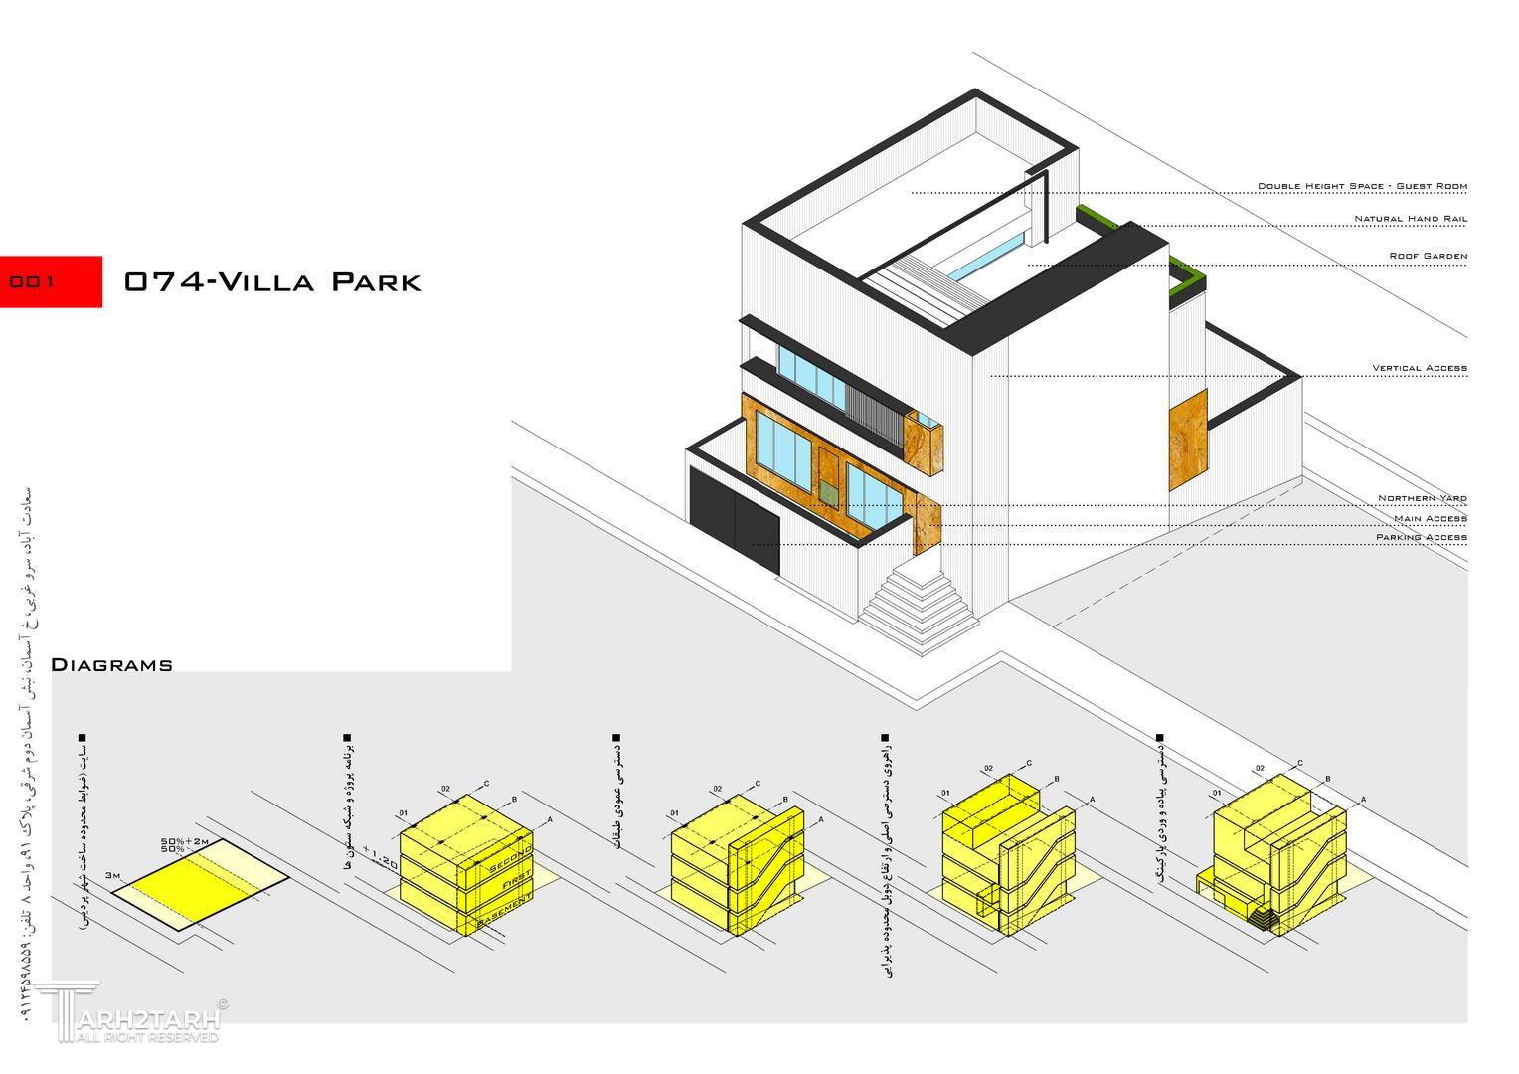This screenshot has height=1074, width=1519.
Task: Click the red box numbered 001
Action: (x=51, y=281)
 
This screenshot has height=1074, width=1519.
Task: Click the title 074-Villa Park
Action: (x=272, y=282)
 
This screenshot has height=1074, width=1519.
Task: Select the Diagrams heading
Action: (x=111, y=665)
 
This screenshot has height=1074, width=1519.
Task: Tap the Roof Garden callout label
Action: (x=1428, y=257)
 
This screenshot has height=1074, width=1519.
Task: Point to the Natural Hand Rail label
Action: (x=1410, y=219)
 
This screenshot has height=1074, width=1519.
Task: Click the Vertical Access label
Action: (x=1419, y=369)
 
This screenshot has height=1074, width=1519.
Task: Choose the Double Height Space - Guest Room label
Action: (x=1361, y=187)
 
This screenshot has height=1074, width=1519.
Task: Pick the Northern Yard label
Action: (x=1422, y=499)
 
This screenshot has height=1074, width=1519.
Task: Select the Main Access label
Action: (x=1430, y=519)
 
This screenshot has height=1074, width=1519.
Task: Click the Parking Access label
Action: (x=1421, y=538)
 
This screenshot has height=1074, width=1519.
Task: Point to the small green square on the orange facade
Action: (x=828, y=490)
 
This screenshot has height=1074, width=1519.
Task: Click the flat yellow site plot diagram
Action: (x=199, y=884)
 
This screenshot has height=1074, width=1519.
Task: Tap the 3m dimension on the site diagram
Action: (x=112, y=875)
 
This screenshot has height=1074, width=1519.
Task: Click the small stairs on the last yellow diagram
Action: (x=1264, y=917)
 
